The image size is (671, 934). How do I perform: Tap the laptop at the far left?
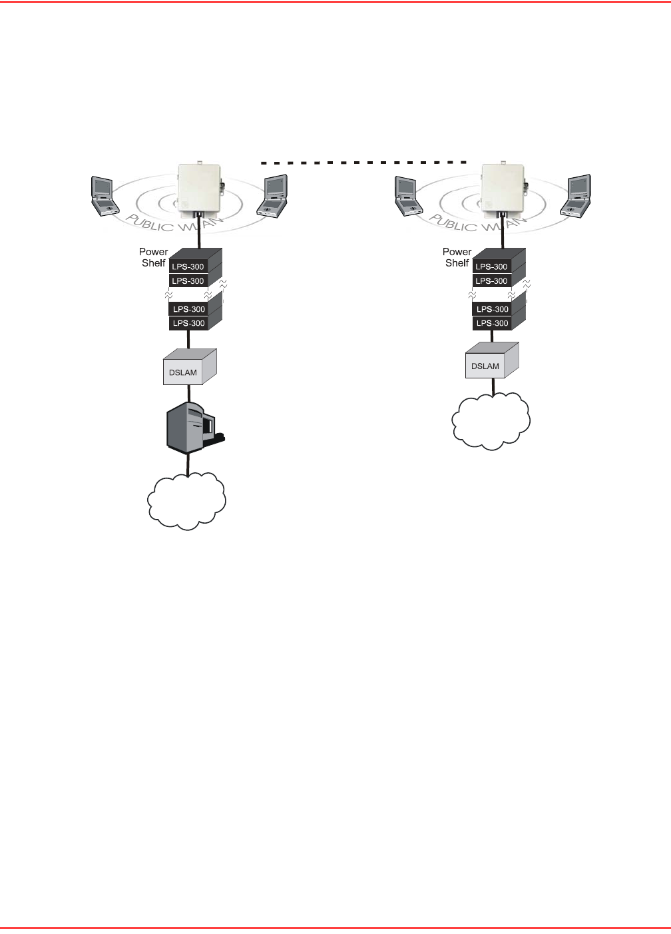102,196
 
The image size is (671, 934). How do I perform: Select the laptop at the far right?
578,196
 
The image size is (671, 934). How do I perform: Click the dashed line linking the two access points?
363,163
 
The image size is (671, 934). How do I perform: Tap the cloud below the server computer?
186,500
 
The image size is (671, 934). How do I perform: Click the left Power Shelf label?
153,257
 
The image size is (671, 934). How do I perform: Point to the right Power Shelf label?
457,257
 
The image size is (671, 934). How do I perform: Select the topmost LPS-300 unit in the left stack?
188,266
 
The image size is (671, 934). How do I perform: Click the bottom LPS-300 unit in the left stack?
188,323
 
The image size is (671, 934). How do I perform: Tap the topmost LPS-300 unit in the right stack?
492,266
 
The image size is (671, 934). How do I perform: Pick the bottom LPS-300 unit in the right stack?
492,323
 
